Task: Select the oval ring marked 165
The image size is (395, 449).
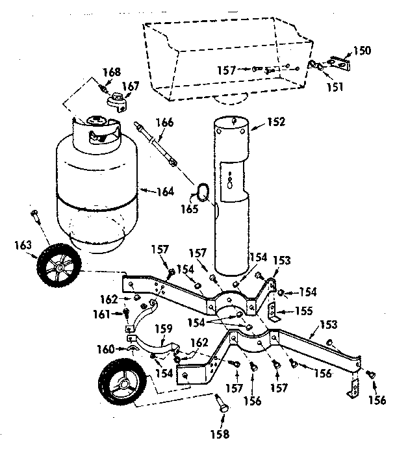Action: click(x=202, y=191)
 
